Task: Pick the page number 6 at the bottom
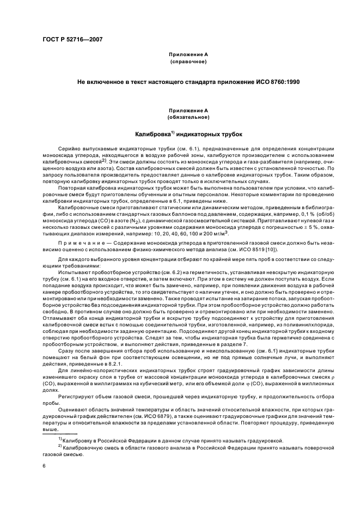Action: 44,466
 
